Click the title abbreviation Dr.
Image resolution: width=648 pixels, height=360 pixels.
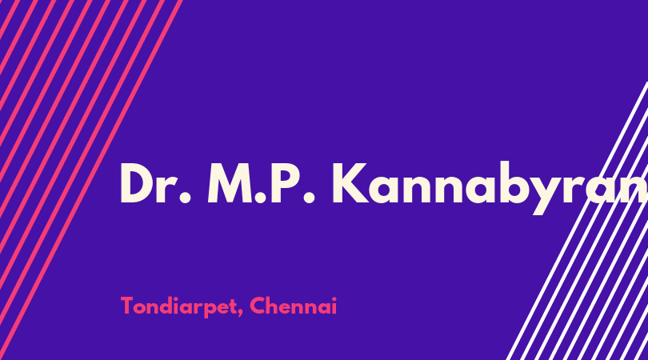155,183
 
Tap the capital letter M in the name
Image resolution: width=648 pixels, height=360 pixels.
230,183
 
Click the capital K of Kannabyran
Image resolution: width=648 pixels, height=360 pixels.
350,183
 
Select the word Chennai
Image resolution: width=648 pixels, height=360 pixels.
294,306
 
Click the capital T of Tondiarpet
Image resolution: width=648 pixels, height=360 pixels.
127,306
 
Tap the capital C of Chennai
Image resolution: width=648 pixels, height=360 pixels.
258,306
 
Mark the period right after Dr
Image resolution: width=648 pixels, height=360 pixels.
185,198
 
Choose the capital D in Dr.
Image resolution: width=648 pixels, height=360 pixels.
136,183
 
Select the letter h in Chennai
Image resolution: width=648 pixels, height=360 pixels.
273,306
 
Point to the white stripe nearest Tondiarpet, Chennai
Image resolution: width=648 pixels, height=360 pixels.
578,221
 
